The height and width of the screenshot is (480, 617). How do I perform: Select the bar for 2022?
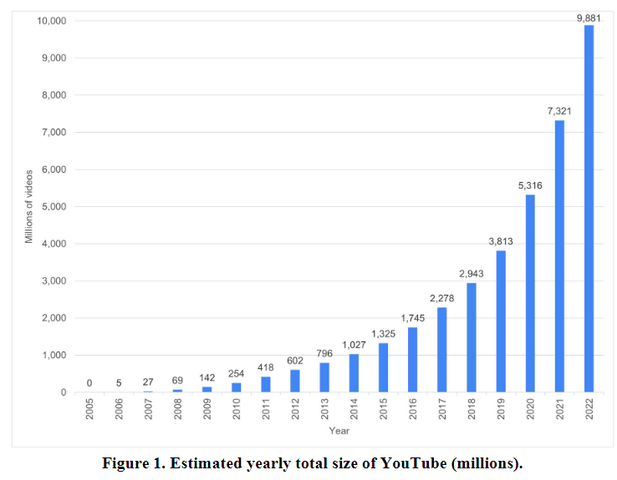589,209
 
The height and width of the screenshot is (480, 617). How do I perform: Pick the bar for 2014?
354,373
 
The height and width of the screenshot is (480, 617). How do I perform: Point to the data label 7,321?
559,110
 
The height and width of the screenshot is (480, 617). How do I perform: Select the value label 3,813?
501,241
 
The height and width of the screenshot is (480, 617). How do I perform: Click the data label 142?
207,377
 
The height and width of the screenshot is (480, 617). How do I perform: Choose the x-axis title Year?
339,431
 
